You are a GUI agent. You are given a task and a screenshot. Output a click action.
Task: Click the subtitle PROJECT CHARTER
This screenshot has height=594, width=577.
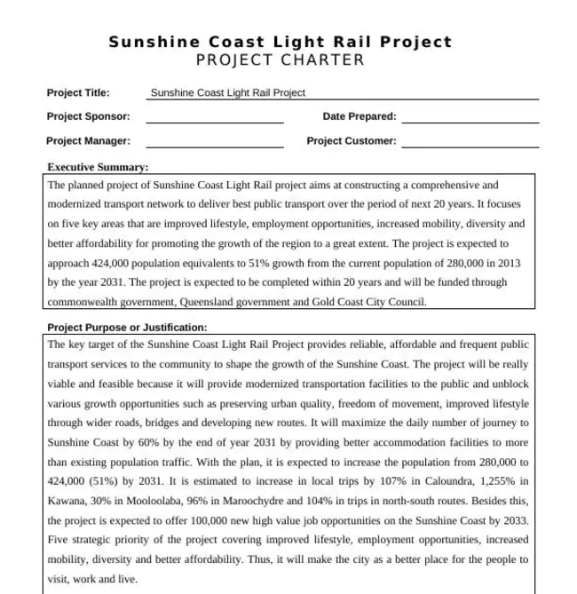[x=281, y=60]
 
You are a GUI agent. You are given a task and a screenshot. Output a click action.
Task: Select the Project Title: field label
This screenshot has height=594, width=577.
[x=78, y=92]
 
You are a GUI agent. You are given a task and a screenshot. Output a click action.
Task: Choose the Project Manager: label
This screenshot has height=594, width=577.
[x=88, y=140]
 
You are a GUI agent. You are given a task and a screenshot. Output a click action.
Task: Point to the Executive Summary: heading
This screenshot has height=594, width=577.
[x=98, y=167]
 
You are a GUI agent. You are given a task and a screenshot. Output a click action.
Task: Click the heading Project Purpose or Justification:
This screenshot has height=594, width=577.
[x=127, y=328]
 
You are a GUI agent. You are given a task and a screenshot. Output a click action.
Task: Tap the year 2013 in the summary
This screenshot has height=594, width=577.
[x=509, y=263]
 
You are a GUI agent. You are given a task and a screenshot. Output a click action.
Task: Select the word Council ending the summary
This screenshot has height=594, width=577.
[x=407, y=302]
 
